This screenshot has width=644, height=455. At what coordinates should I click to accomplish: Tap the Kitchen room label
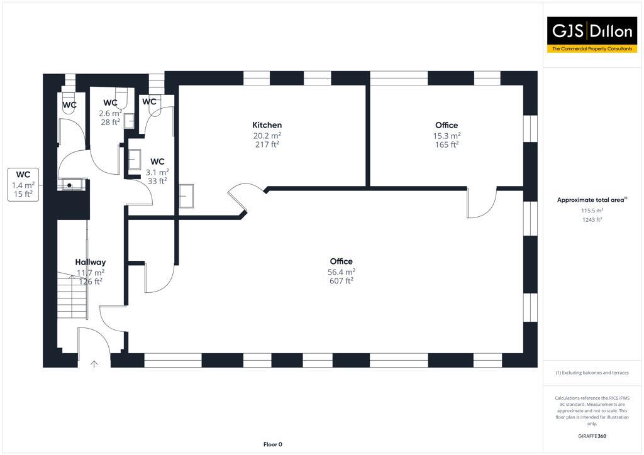tap(267, 125)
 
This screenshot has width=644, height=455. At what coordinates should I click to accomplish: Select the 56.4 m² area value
tap(341, 271)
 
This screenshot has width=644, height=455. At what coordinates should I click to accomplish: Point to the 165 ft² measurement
tap(447, 145)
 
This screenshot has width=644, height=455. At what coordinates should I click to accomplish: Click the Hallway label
tap(91, 262)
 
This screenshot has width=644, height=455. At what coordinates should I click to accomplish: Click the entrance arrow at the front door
tap(94, 363)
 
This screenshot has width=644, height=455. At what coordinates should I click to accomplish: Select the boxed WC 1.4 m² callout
tap(23, 184)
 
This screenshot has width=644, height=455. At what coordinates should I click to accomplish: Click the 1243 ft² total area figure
tap(591, 219)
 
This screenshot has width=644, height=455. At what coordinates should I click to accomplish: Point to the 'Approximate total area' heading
tap(591, 200)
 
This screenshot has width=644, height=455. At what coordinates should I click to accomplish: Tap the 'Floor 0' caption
tap(272, 444)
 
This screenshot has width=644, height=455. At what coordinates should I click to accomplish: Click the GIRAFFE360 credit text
tap(591, 436)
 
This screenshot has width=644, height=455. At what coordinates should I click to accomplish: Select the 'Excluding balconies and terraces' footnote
tap(591, 373)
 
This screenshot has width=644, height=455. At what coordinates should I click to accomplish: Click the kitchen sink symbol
tap(187, 195)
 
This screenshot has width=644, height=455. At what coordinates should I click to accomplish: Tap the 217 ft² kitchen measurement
tap(267, 145)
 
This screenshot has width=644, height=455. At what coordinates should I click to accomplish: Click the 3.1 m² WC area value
tap(157, 172)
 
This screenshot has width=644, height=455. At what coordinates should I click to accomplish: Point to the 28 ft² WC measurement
tap(110, 122)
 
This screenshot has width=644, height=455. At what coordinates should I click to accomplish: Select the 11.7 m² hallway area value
tap(91, 272)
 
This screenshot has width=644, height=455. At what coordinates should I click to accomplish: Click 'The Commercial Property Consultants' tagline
tap(592, 48)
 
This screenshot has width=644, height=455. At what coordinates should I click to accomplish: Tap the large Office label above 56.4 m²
tap(341, 261)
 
